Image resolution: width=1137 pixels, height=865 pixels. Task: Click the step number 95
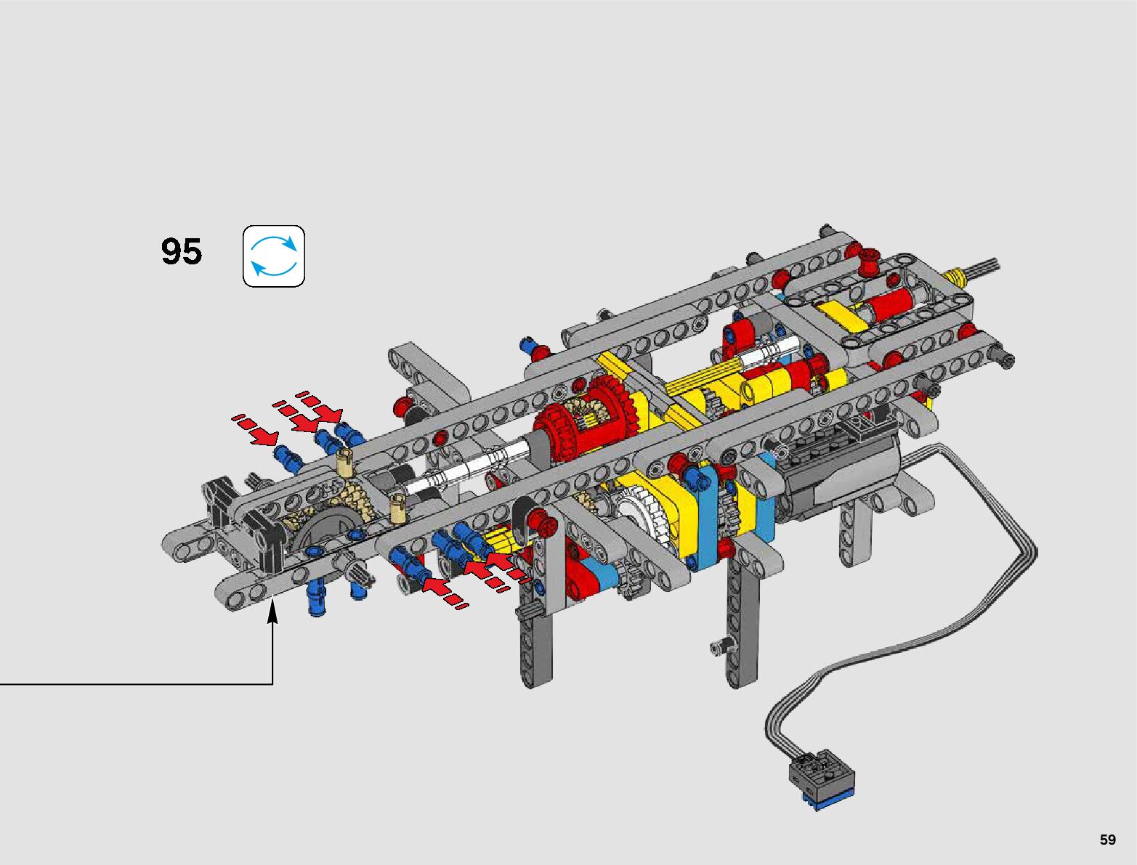tap(182, 252)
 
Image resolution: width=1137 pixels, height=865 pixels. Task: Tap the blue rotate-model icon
tap(274, 256)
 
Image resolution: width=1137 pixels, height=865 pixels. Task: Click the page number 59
tap(1107, 839)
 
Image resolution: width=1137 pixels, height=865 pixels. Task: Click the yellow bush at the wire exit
tap(956, 277)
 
